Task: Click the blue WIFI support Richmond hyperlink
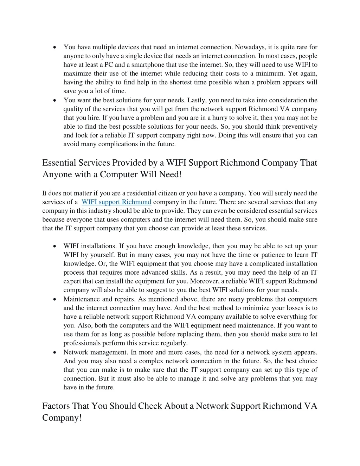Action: (x=116, y=202)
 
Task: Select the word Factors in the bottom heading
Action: (x=56, y=406)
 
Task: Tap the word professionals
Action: (x=82, y=343)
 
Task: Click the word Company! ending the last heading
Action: (x=62, y=418)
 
